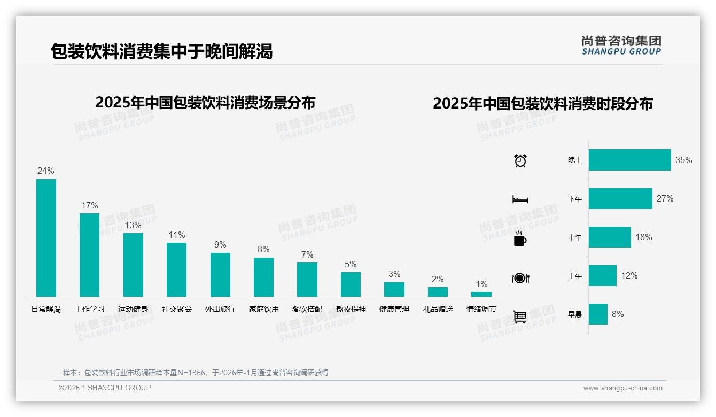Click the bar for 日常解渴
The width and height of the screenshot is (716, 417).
pos(46,238)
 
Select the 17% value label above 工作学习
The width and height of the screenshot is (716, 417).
pos(89,205)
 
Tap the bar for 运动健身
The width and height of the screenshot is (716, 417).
pos(133,265)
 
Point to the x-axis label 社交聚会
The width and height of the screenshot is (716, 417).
pos(177,309)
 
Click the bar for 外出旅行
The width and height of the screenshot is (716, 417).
pos(220,275)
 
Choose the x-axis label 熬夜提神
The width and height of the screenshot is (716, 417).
pos(351,309)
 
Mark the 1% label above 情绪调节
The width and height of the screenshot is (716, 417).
pos(481,284)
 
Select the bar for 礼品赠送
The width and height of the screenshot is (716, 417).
pos(438,292)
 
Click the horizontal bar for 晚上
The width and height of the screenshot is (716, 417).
pos(629,160)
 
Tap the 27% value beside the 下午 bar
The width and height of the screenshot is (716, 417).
pos(665,198)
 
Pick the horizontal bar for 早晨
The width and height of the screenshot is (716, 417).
pos(598,314)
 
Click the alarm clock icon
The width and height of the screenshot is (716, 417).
pos(520,160)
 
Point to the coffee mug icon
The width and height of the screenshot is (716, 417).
pos(520,239)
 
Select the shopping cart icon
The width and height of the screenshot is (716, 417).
pos(520,317)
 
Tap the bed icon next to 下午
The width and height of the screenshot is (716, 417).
pos(520,199)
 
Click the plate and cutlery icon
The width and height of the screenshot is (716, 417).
pos(520,278)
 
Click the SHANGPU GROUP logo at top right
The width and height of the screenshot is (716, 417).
pos(621,45)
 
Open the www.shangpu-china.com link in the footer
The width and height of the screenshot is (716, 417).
pos(622,388)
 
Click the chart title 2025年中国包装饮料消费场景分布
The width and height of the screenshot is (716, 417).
pos(205,102)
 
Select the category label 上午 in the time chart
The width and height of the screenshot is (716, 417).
pos(575,276)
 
